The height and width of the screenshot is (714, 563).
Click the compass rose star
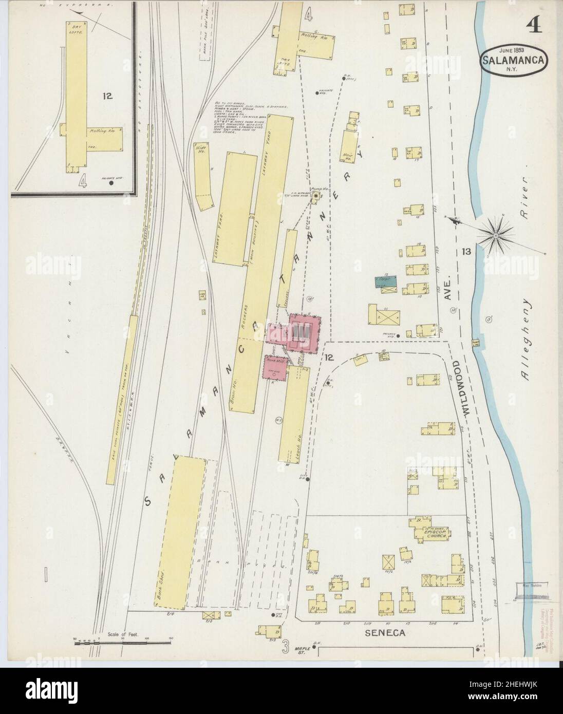[x=496, y=235]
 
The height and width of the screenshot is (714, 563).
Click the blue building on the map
[x=389, y=280]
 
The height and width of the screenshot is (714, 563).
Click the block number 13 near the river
[x=466, y=251]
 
